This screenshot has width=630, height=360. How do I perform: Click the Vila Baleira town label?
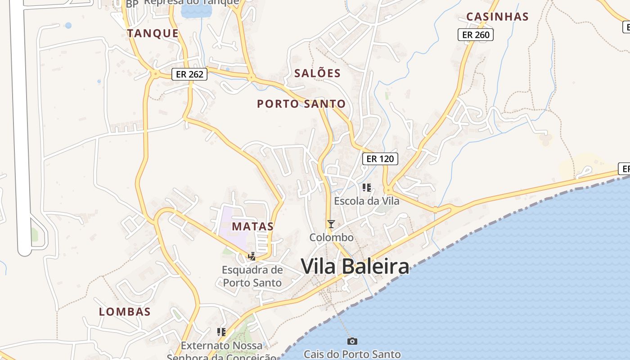(355, 266)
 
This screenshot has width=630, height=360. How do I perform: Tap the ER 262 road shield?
(189, 74)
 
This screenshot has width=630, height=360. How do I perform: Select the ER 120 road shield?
(380, 158)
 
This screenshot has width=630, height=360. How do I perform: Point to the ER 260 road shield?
(476, 35)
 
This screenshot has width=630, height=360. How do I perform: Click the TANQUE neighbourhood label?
(153, 33)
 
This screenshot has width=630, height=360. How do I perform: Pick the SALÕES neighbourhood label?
(317, 73)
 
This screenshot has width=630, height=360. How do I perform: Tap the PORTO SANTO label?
(301, 104)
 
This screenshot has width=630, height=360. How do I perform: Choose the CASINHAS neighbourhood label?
(497, 17)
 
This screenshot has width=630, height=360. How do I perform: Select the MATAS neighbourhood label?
(253, 226)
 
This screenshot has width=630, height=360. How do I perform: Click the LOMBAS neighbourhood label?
(125, 311)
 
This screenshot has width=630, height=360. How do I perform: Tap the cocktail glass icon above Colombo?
(331, 224)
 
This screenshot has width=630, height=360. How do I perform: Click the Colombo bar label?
(332, 237)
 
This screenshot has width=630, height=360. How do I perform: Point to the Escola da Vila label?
(366, 201)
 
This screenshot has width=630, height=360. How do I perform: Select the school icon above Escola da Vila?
(366, 187)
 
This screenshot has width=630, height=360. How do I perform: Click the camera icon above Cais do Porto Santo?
(352, 341)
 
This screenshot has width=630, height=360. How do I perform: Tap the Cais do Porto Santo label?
(352, 354)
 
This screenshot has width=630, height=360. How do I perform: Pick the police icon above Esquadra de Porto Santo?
(252, 256)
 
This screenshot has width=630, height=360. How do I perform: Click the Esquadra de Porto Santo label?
(252, 276)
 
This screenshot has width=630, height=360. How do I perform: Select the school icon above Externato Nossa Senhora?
(221, 332)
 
